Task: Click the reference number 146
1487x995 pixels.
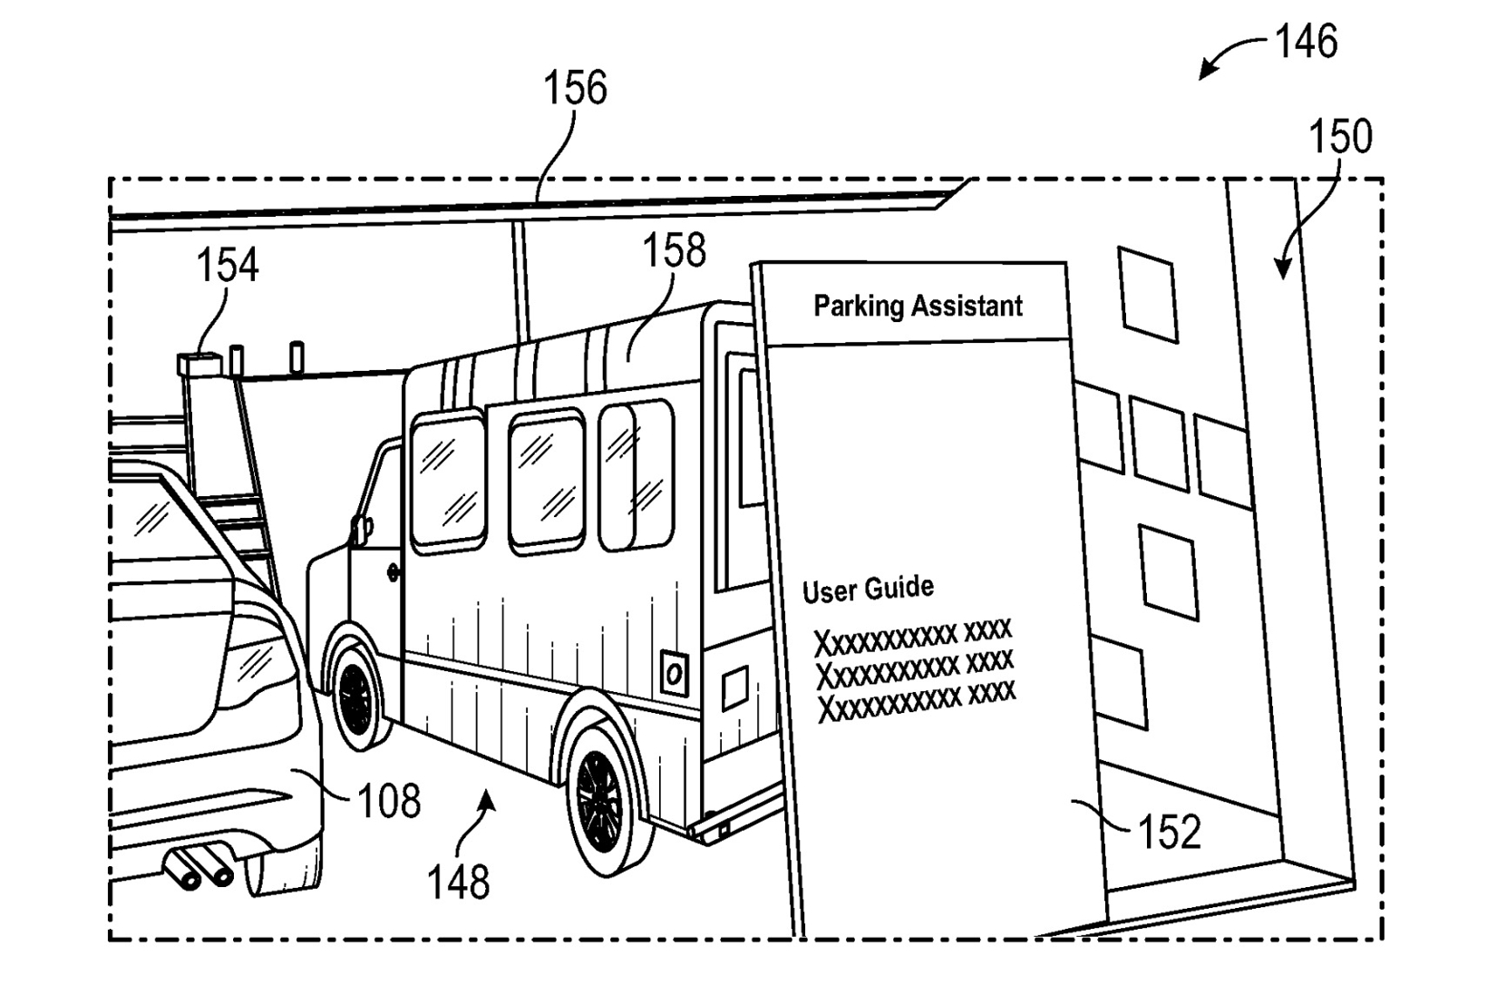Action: pyautogui.click(x=1306, y=41)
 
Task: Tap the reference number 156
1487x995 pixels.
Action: pyautogui.click(x=575, y=88)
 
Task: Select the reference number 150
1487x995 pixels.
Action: pyautogui.click(x=1340, y=136)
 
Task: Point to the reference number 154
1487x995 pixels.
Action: pyautogui.click(x=227, y=264)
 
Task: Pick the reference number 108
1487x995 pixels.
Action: pyautogui.click(x=389, y=800)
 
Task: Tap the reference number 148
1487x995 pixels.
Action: pyautogui.click(x=458, y=883)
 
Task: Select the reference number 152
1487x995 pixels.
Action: pyautogui.click(x=1170, y=832)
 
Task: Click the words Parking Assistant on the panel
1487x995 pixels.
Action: pyautogui.click(x=918, y=307)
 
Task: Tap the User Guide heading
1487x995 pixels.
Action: pyautogui.click(x=868, y=590)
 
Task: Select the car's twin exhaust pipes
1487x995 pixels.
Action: pyautogui.click(x=198, y=867)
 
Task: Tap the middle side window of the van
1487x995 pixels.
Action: pyautogui.click(x=547, y=482)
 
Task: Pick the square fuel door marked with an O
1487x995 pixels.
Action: pyautogui.click(x=674, y=674)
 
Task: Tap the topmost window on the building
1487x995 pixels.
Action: pyautogui.click(x=1148, y=295)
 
